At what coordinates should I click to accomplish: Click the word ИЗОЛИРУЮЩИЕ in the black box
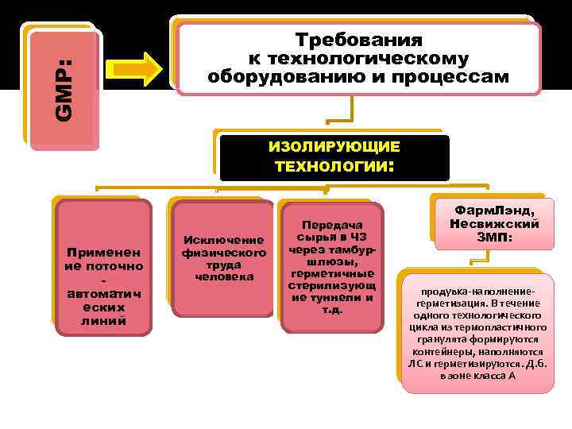pos(334,148)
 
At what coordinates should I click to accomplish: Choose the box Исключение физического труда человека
pos(217,258)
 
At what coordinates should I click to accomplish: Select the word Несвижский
pos(493,223)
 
